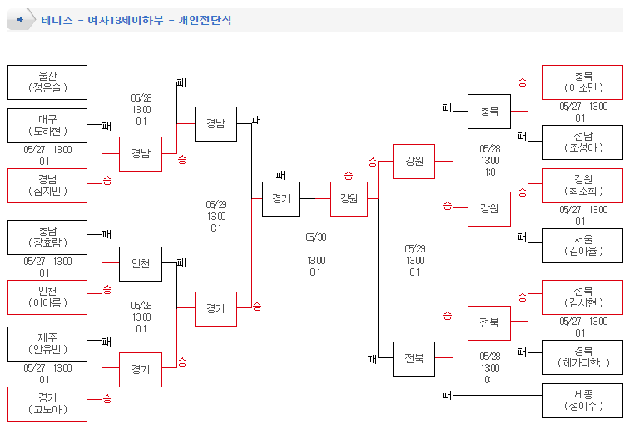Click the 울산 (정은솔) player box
47,82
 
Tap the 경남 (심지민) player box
47,186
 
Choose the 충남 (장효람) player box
47,237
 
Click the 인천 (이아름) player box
47,297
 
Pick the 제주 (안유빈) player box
47,344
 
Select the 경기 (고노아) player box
47,404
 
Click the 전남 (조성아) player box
582,142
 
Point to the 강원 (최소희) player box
582,186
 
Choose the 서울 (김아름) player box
582,246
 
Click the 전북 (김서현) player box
582,297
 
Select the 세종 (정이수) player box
582,401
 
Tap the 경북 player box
582,357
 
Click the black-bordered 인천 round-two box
141,264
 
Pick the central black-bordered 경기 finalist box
280,199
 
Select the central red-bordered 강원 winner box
349,199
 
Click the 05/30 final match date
316,237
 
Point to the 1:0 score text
490,172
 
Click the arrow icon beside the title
20,20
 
